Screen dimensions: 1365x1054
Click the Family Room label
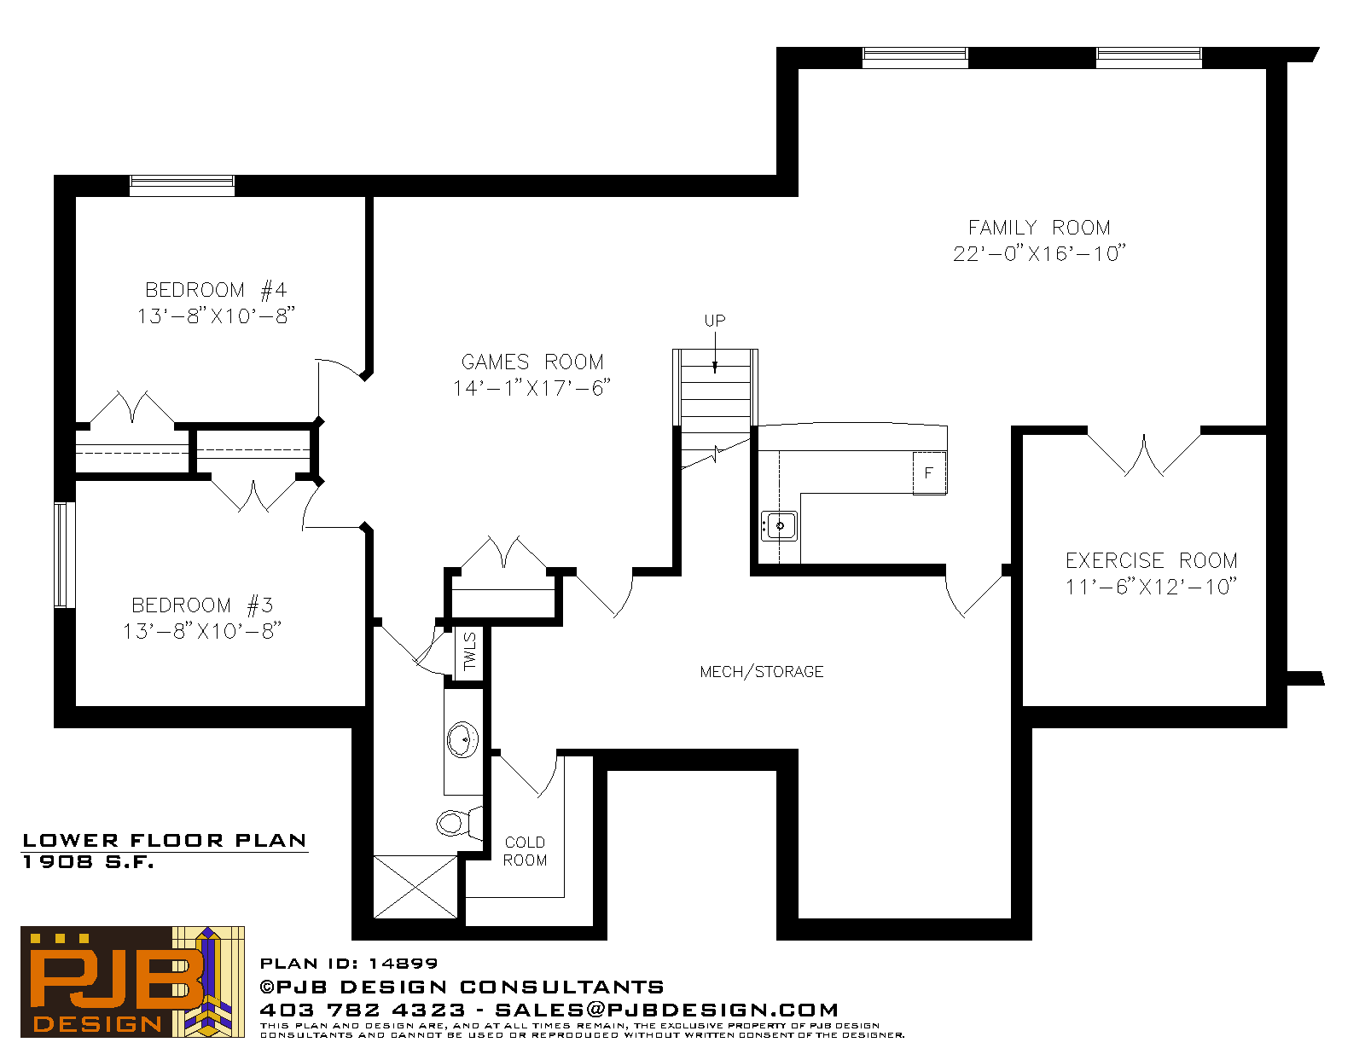click(1039, 227)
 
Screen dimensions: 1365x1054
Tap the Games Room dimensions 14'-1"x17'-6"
click(531, 388)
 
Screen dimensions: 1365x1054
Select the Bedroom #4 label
click(216, 290)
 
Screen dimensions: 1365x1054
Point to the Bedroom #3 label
click(201, 605)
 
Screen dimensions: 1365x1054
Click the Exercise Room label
click(1151, 560)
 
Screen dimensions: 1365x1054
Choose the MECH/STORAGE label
click(761, 672)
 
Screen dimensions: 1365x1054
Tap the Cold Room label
click(526, 851)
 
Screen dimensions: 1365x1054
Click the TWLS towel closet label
click(470, 652)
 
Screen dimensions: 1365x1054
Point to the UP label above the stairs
click(715, 321)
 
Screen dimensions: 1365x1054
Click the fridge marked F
click(929, 472)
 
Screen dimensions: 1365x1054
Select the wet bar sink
click(780, 525)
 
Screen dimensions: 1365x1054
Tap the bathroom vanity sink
click(462, 739)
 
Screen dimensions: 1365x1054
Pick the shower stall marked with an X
click(415, 886)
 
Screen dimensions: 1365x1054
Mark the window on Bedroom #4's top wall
click(183, 185)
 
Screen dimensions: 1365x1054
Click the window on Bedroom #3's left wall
click(64, 555)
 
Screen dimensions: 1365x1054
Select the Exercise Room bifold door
click(1144, 454)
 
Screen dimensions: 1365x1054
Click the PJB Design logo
click(132, 982)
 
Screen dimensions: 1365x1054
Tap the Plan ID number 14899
click(404, 964)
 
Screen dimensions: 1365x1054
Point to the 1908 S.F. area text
click(88, 862)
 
